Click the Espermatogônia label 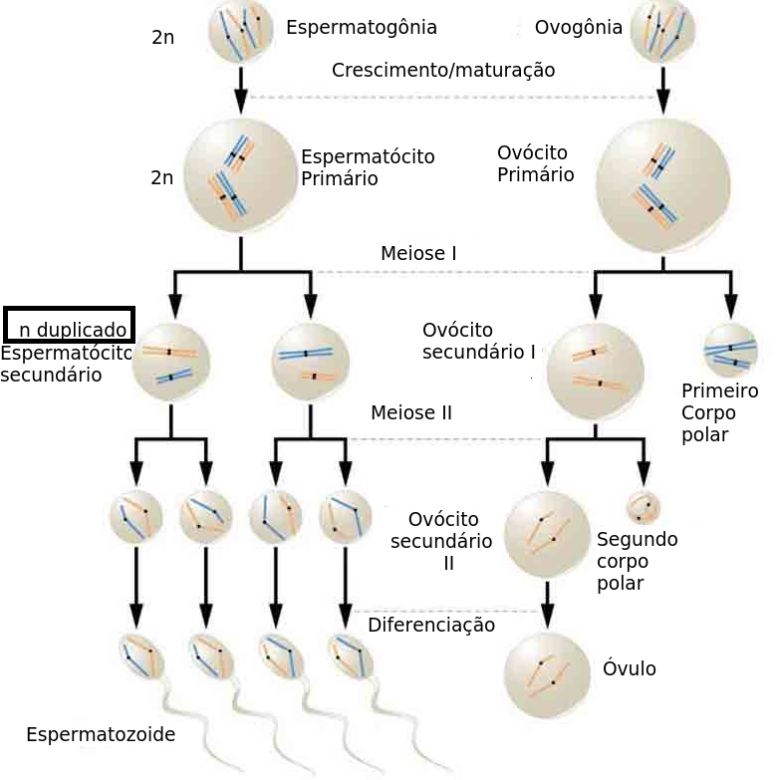[361, 27]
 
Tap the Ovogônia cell [662, 31]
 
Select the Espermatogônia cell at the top [241, 31]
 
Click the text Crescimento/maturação [442, 70]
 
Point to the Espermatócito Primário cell [240, 175]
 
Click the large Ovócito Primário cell [662, 185]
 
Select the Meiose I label [418, 253]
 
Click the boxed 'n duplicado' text [72, 329]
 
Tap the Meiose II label [410, 412]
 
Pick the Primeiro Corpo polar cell [730, 351]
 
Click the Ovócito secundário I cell [596, 371]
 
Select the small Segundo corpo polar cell [643, 507]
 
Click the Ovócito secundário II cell [547, 534]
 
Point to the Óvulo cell [547, 675]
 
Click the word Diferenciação [430, 626]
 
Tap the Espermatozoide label [101, 735]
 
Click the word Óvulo [630, 668]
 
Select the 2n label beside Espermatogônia [162, 38]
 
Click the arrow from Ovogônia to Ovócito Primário [662, 90]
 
